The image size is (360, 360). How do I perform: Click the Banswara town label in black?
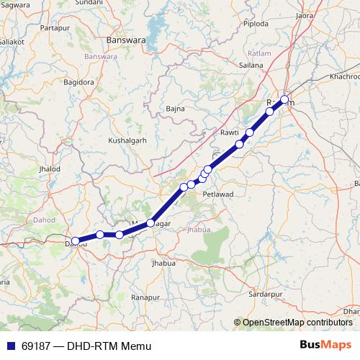(x=125, y=40)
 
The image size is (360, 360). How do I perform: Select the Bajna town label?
(x=175, y=109)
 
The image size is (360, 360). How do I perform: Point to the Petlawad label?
(x=217, y=194)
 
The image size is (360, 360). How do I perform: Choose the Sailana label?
(x=251, y=65)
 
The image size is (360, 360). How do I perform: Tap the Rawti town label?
(x=229, y=133)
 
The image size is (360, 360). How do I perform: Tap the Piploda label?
(x=256, y=24)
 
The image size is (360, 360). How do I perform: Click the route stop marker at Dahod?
(x=76, y=241)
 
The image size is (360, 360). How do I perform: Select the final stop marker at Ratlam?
(x=284, y=99)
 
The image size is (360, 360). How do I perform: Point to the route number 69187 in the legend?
(x=36, y=346)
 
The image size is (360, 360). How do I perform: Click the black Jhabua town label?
(x=163, y=264)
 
